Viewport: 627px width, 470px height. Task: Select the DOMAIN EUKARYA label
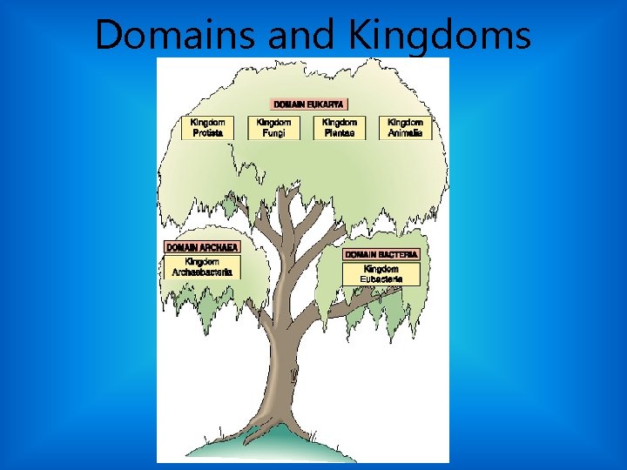click(x=309, y=104)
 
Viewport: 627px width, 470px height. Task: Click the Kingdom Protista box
click(x=207, y=127)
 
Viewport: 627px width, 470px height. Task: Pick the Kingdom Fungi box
click(x=273, y=127)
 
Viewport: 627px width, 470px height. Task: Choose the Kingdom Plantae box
click(x=339, y=127)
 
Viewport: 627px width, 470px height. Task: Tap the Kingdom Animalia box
click(x=405, y=127)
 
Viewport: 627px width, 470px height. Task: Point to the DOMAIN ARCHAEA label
click(x=201, y=247)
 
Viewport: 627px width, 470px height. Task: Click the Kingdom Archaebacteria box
click(x=201, y=266)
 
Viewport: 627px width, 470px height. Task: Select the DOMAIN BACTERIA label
click(x=381, y=254)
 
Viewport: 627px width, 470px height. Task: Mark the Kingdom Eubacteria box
click(x=381, y=273)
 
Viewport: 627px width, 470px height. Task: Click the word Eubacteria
click(x=381, y=279)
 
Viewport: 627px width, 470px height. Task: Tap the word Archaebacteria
click(x=201, y=272)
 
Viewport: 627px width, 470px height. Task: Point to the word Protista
click(x=207, y=132)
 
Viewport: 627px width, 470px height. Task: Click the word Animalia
click(x=405, y=132)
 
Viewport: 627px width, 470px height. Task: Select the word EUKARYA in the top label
click(x=327, y=104)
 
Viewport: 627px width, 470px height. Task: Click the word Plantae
click(x=339, y=132)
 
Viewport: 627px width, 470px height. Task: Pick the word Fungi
click(x=273, y=132)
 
